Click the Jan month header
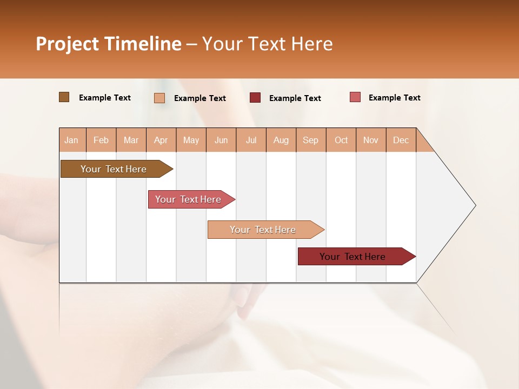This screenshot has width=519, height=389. (71, 140)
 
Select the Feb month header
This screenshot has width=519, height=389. (101, 140)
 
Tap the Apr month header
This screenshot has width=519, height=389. (161, 140)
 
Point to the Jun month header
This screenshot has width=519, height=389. (221, 140)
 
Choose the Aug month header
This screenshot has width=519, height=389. (281, 140)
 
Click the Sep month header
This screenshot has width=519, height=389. (310, 140)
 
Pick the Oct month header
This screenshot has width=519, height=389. (341, 140)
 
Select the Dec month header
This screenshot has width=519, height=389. (401, 140)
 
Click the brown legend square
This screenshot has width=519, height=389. (64, 97)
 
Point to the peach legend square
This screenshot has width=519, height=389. (159, 98)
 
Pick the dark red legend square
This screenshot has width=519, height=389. (255, 97)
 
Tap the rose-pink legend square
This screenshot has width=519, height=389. (355, 97)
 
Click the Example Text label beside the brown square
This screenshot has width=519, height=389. (105, 98)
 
